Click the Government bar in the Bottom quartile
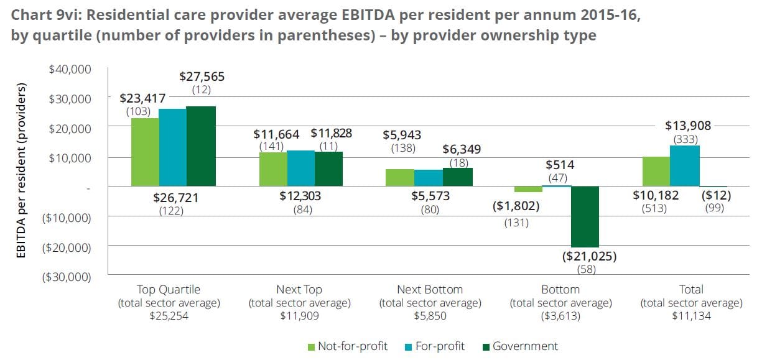tap(585, 216)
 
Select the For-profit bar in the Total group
tap(685, 166)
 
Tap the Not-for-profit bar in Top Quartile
tap(145, 152)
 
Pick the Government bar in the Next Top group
tap(328, 168)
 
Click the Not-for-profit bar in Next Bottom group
tap(400, 177)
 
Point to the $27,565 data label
tap(202, 77)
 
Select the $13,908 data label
tap(687, 126)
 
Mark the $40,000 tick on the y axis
tap(70, 69)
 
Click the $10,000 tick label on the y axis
tap(70, 158)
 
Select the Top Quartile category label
tap(169, 289)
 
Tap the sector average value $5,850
tap(430, 316)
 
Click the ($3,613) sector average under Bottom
tap(560, 316)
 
